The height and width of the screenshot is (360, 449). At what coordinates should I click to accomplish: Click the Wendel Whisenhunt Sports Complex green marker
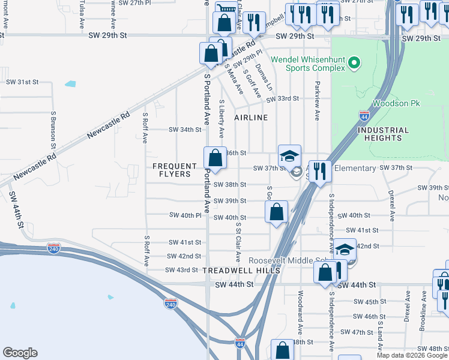click(x=354, y=62)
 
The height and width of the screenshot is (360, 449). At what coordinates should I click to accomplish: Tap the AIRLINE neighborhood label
click(x=251, y=118)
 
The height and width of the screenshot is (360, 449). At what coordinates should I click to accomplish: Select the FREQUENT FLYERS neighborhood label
click(x=174, y=170)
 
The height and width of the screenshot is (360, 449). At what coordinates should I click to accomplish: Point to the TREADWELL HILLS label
click(x=241, y=271)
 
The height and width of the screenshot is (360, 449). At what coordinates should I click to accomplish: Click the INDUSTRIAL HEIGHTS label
click(x=382, y=134)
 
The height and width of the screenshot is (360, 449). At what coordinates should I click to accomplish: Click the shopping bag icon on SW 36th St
click(x=215, y=158)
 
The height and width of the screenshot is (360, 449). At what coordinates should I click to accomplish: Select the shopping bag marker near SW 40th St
click(x=276, y=212)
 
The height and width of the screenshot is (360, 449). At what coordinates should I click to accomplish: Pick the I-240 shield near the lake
click(x=170, y=304)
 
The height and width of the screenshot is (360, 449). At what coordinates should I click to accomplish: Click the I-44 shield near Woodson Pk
click(x=364, y=115)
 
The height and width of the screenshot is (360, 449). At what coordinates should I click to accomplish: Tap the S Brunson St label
click(x=53, y=130)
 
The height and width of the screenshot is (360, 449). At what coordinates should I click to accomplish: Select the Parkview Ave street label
click(x=316, y=95)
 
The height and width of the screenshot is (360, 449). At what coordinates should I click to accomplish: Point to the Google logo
click(x=20, y=353)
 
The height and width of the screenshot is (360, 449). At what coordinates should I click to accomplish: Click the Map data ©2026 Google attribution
click(x=411, y=355)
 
